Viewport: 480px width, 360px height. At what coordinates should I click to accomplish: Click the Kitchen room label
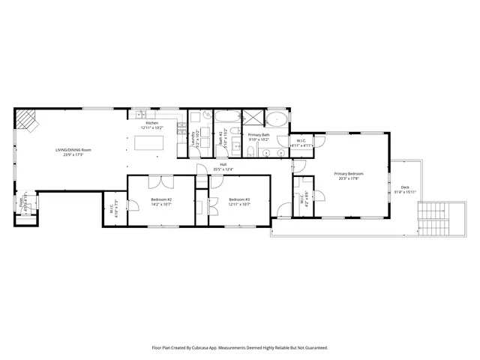pyautogui.click(x=152, y=123)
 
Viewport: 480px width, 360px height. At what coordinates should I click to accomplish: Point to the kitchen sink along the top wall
pyautogui.click(x=140, y=114)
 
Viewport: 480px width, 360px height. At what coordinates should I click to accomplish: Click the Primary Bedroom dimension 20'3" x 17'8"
pyautogui.click(x=348, y=178)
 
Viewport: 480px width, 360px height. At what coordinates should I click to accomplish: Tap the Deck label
pyautogui.click(x=405, y=187)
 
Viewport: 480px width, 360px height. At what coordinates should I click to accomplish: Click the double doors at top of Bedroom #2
pyautogui.click(x=159, y=181)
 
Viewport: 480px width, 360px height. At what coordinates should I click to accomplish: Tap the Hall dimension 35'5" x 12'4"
pyautogui.click(x=223, y=169)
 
